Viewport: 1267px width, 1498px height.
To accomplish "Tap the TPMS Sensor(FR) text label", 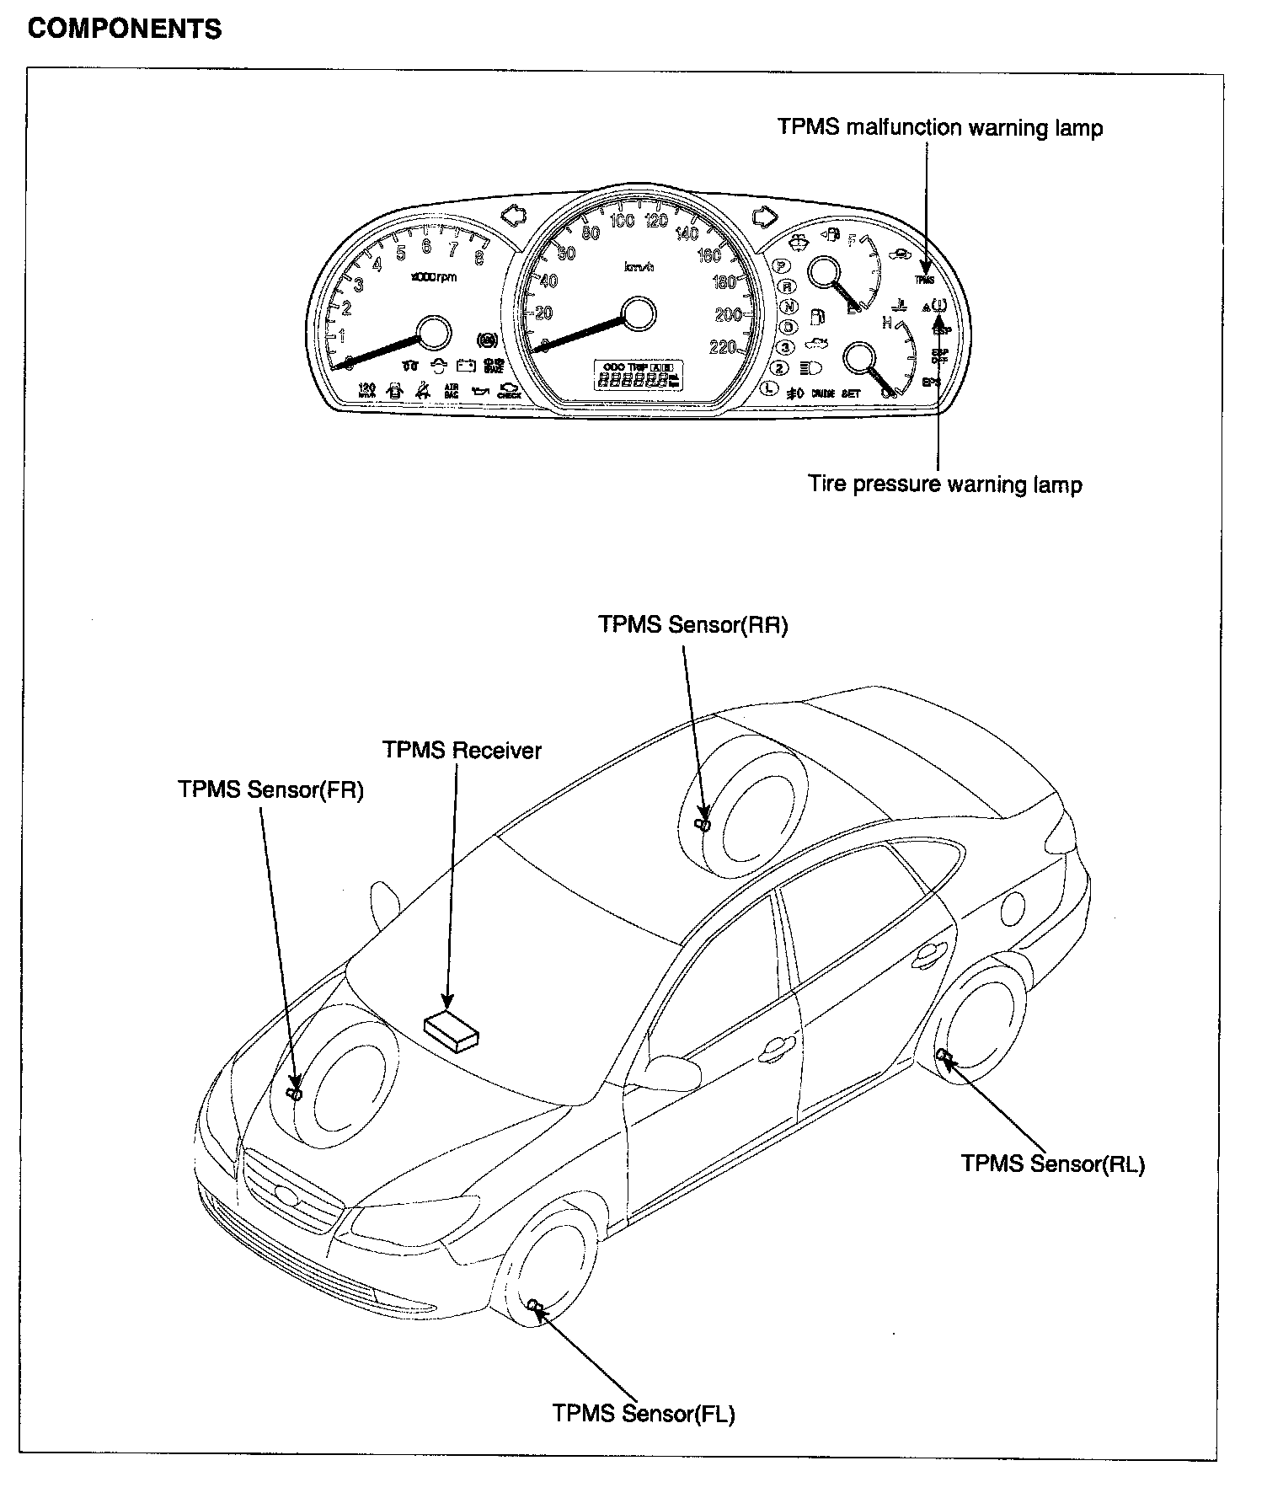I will click(x=270, y=790).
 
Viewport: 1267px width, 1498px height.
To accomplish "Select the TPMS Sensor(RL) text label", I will click(x=1053, y=1164).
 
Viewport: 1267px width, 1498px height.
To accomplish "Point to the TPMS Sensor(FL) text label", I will click(x=644, y=1413).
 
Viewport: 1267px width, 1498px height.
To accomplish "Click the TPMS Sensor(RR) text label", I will click(x=692, y=624).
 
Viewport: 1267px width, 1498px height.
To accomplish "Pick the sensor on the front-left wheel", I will click(x=534, y=1305).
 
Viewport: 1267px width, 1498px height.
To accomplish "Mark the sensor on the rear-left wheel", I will click(x=944, y=1057).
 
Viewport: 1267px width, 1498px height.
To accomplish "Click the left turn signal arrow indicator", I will click(x=513, y=217).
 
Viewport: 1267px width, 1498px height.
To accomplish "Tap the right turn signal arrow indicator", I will click(x=764, y=217).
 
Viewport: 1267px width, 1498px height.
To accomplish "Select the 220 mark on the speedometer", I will click(x=723, y=348).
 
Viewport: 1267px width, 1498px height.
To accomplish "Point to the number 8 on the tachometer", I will click(x=479, y=259).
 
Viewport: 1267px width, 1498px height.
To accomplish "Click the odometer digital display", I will click(x=638, y=376).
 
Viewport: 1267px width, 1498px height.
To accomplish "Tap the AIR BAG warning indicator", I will click(x=451, y=390).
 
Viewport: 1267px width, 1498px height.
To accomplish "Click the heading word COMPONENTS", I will click(x=125, y=29).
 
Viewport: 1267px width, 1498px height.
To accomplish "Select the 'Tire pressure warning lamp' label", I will click(x=945, y=484).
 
